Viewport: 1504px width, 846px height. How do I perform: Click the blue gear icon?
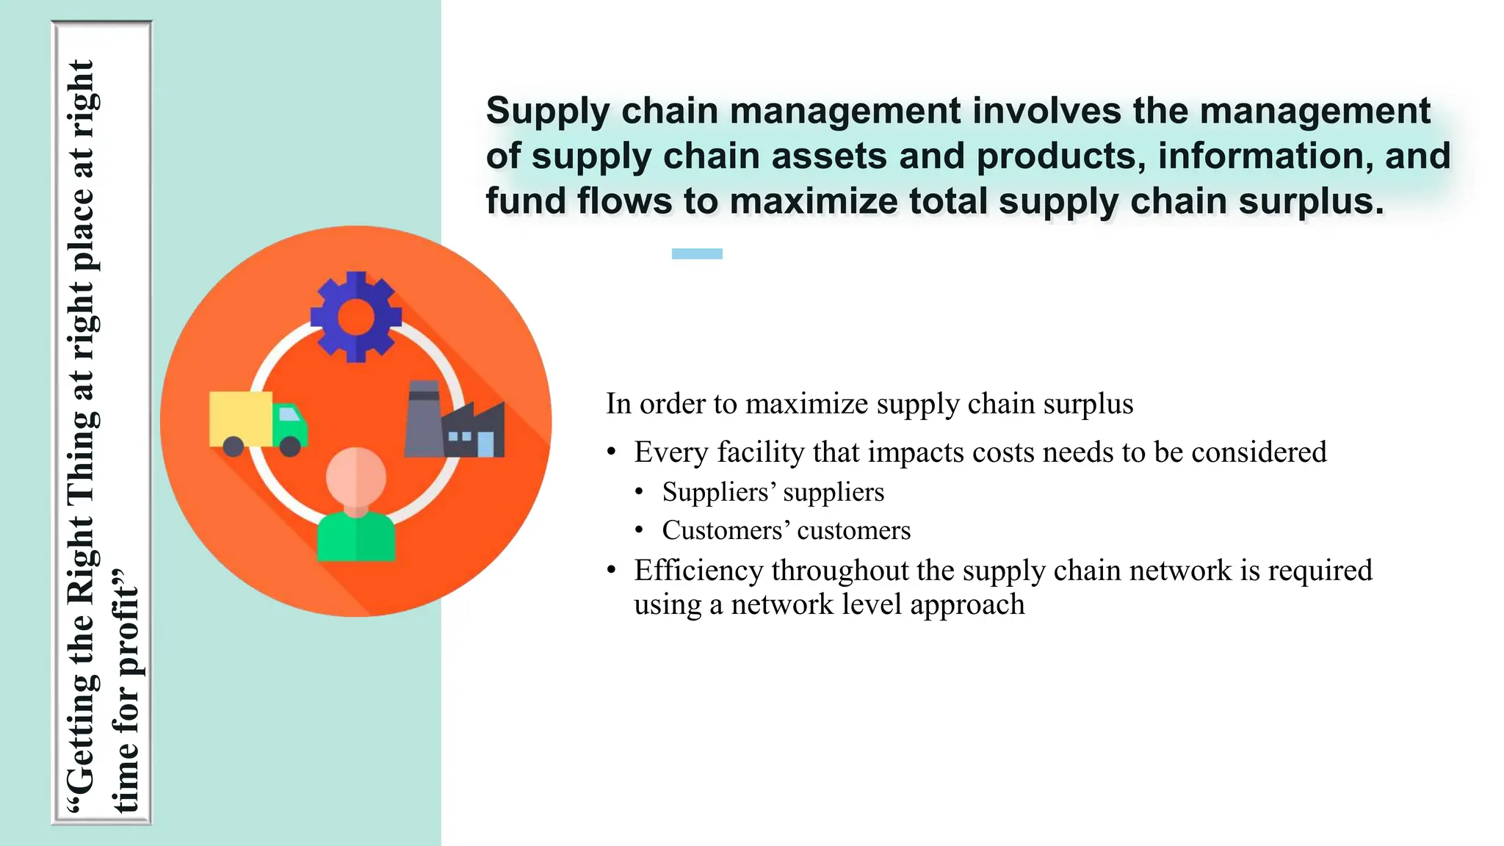356,317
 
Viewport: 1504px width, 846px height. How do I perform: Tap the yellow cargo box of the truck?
240,418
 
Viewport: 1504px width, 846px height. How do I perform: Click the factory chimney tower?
423,419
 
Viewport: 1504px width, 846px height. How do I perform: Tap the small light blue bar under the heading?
697,253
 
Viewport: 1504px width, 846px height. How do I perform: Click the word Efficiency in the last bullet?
698,571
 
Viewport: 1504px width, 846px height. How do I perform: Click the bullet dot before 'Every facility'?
612,452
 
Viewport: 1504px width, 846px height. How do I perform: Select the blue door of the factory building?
485,444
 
